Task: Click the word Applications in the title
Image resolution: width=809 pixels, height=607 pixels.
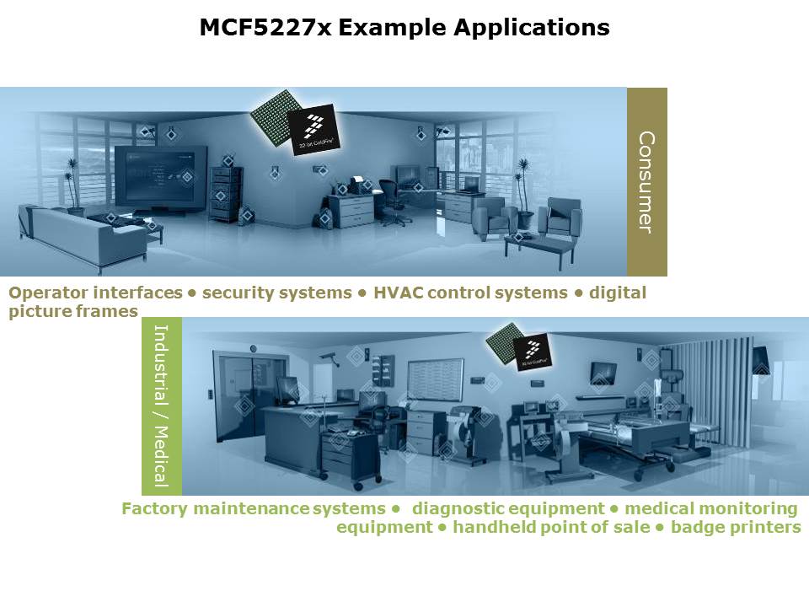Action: click(532, 28)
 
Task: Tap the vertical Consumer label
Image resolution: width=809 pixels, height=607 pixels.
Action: click(646, 182)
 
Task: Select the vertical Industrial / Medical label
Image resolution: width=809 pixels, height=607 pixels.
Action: click(162, 406)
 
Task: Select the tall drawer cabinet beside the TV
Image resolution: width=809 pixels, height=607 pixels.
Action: click(223, 193)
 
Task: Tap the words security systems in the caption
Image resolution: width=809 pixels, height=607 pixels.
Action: click(276, 293)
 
